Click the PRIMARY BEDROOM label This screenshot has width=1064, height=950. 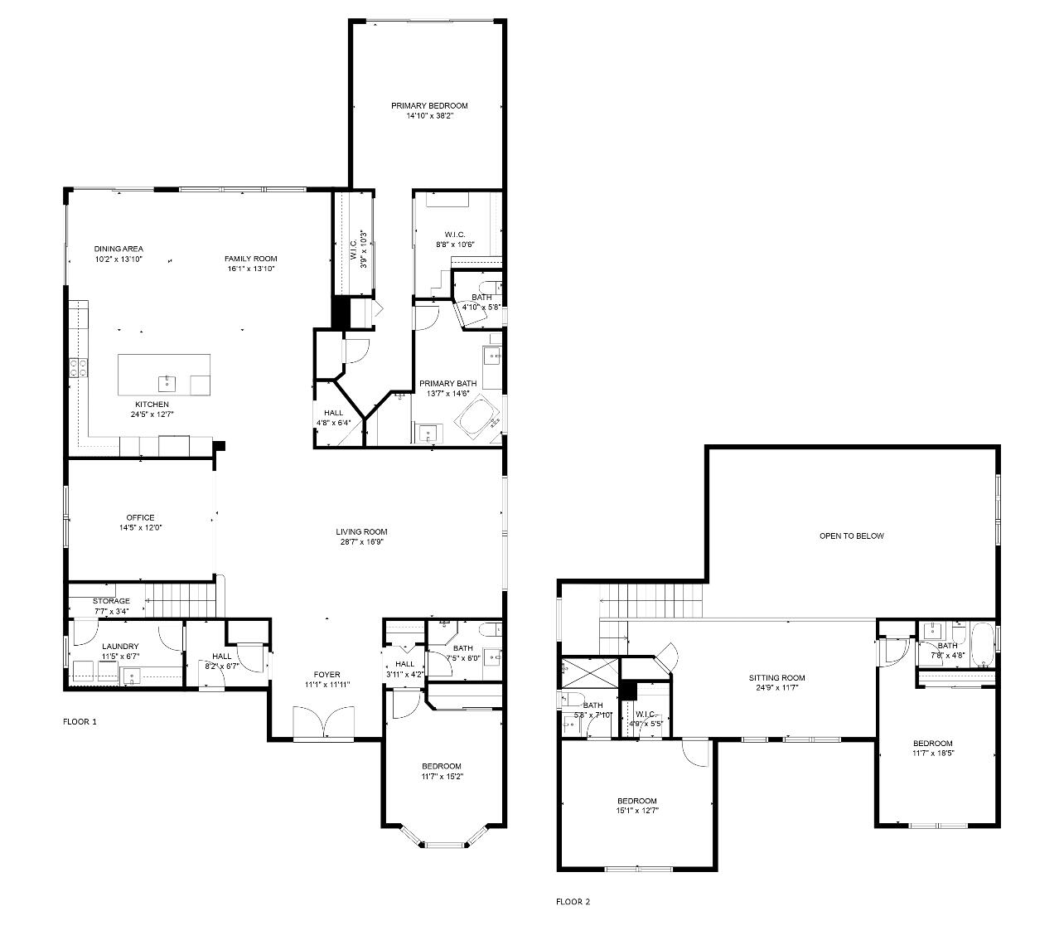click(429, 105)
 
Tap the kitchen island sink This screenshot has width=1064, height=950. click(167, 382)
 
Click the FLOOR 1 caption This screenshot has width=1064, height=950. click(80, 721)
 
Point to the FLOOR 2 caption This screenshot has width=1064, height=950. click(573, 901)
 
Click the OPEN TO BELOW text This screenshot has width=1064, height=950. click(851, 536)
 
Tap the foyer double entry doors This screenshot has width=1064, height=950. click(324, 722)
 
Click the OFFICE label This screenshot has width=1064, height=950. click(140, 517)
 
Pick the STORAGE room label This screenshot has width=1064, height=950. click(111, 601)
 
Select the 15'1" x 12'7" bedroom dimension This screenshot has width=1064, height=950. click(636, 811)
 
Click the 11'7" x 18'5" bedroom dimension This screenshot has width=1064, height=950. click(932, 754)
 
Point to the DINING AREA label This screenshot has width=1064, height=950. click(118, 249)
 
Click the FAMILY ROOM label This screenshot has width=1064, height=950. click(250, 259)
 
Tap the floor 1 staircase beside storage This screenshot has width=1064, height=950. click(180, 597)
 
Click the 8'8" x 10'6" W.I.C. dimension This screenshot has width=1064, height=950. click(455, 245)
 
